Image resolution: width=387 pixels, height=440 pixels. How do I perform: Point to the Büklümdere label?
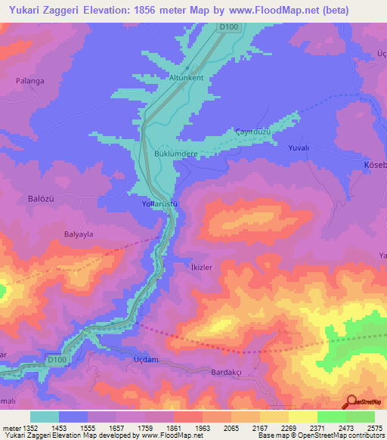175,153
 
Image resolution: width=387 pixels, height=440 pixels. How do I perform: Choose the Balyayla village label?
78,234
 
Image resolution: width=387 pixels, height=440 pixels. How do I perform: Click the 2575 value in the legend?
374,427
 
